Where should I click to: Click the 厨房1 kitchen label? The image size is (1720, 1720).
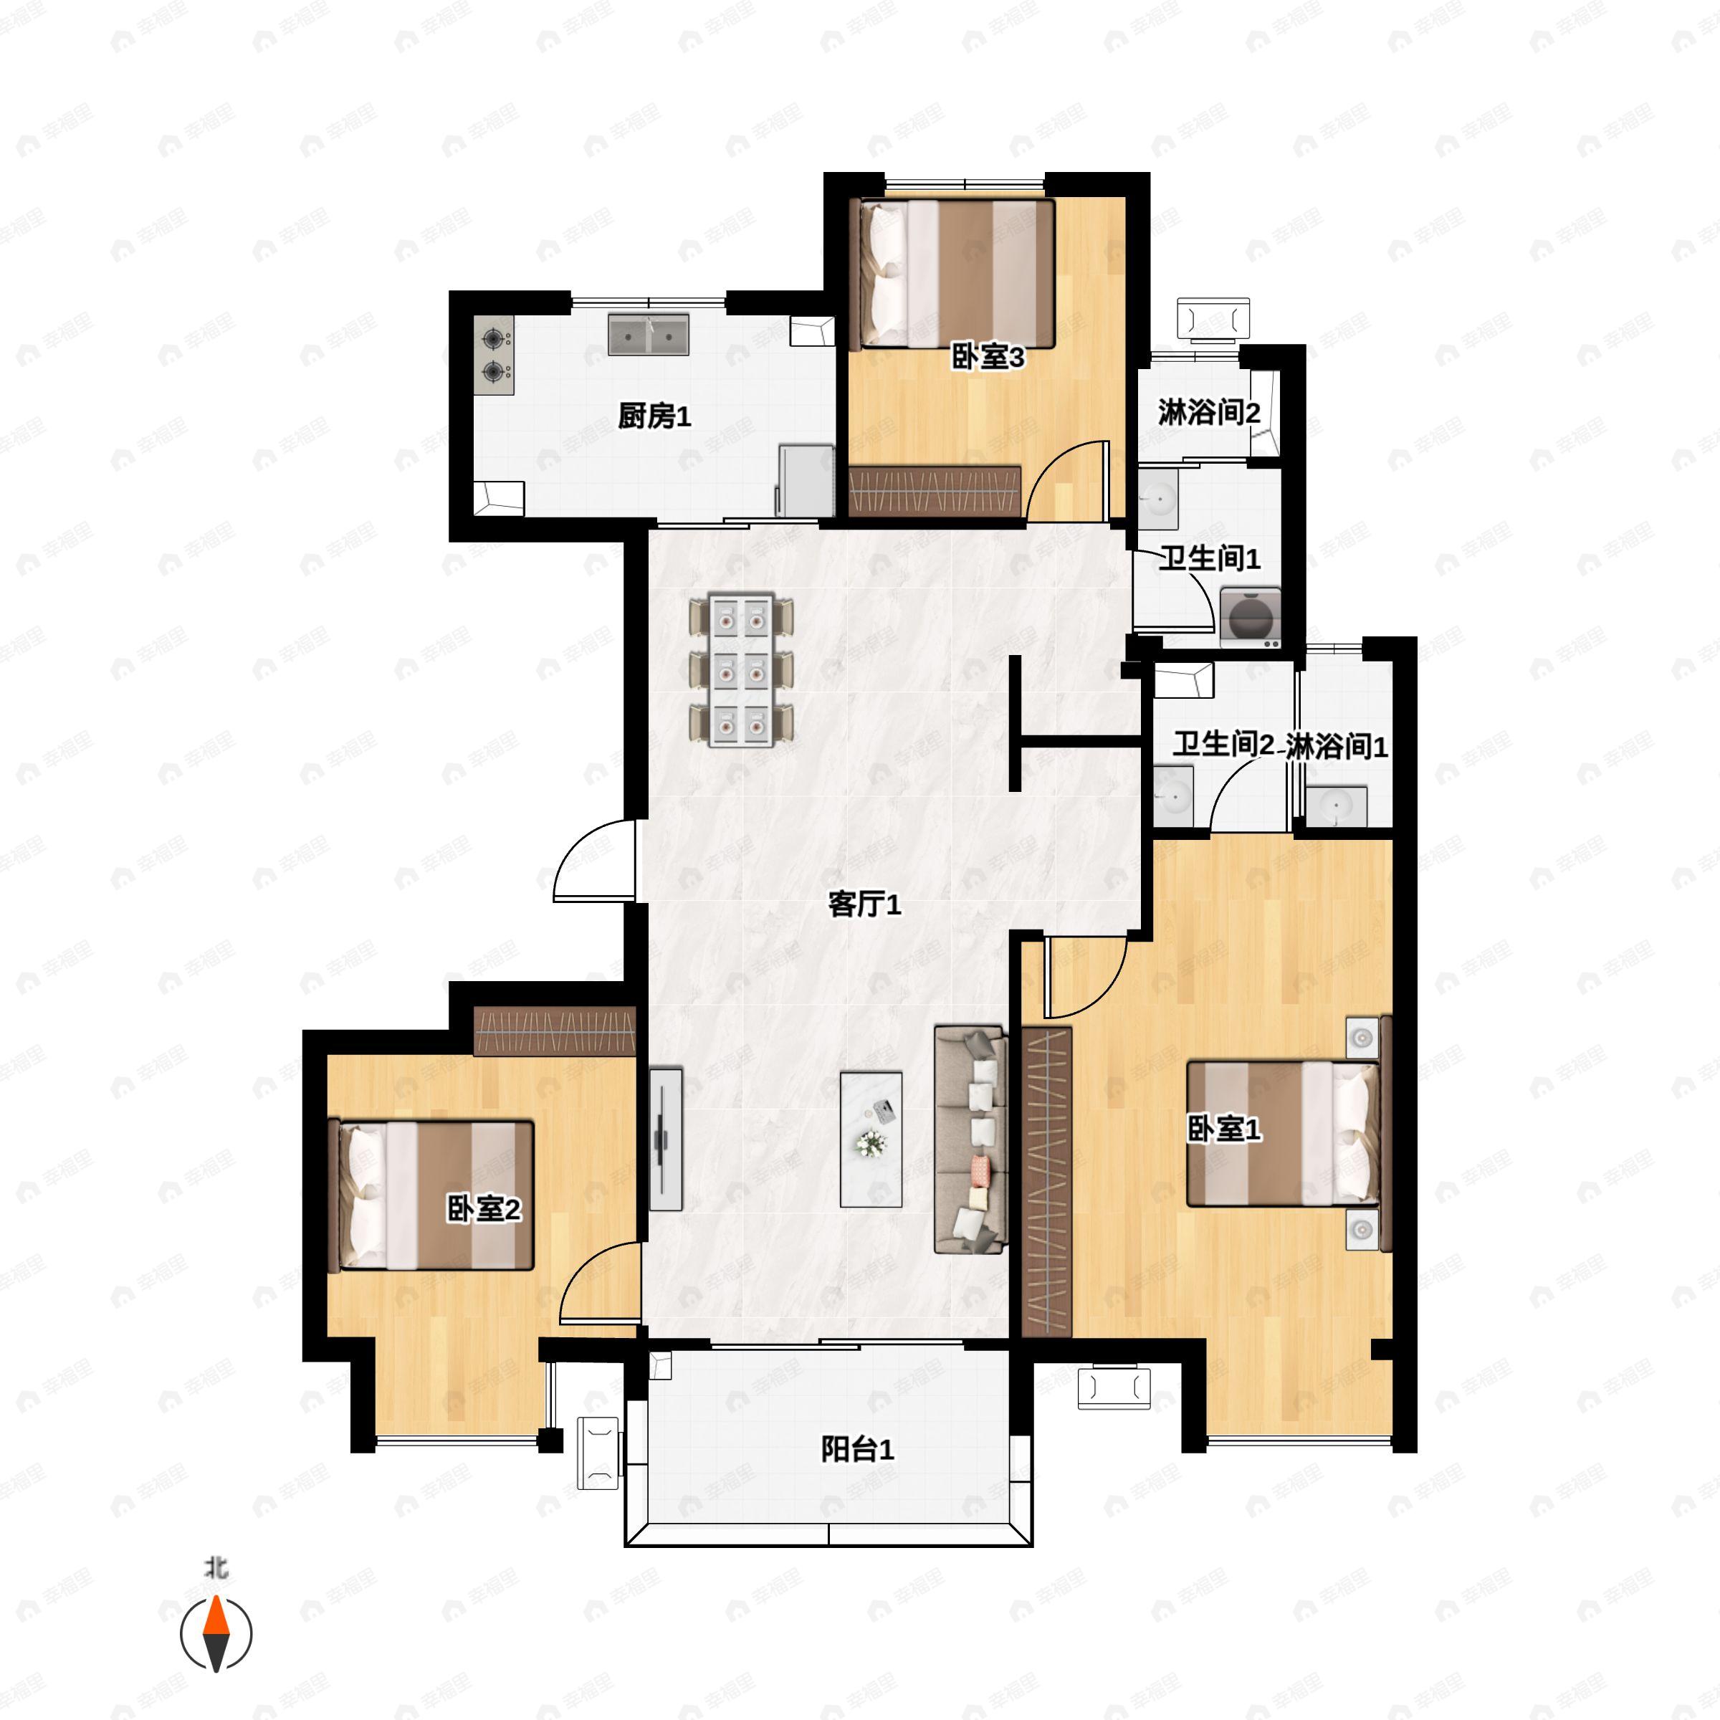pyautogui.click(x=654, y=416)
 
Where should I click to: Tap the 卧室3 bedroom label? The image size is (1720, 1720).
pyautogui.click(x=988, y=357)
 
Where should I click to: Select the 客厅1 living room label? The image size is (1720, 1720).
pyautogui.click(x=864, y=904)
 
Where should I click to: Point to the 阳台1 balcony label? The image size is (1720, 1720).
pyautogui.click(x=857, y=1449)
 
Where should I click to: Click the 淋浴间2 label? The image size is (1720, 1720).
pyautogui.click(x=1209, y=412)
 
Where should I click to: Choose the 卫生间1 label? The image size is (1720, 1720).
pyautogui.click(x=1209, y=558)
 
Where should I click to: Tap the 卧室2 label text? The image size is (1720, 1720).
pyautogui.click(x=484, y=1209)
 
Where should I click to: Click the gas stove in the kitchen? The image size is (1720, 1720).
pyautogui.click(x=494, y=355)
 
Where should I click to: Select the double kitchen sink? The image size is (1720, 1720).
pyautogui.click(x=648, y=334)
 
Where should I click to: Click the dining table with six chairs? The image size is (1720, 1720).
pyautogui.click(x=741, y=669)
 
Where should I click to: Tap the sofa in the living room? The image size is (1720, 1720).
pyautogui.click(x=970, y=1140)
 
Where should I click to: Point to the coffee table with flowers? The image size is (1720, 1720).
pyautogui.click(x=871, y=1139)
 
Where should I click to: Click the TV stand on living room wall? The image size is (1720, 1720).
pyautogui.click(x=665, y=1139)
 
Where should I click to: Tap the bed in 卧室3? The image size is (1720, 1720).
pyautogui.click(x=952, y=273)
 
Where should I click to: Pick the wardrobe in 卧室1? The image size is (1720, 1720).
pyautogui.click(x=1046, y=1181)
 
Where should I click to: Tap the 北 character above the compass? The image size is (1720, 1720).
pyautogui.click(x=216, y=1567)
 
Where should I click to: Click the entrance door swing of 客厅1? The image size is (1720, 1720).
pyautogui.click(x=595, y=860)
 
